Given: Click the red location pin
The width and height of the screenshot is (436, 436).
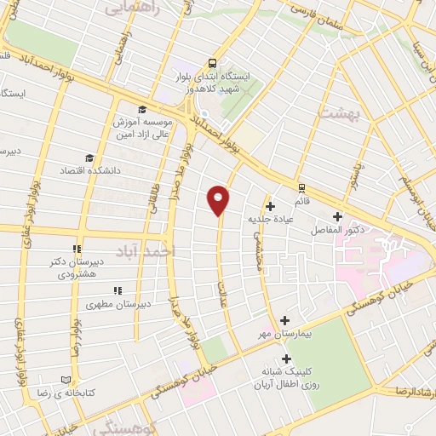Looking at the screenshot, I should (x=219, y=199).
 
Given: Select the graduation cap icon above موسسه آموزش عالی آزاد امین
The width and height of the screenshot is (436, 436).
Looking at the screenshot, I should (x=141, y=109).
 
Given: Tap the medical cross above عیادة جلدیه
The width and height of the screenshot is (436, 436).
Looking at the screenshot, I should (x=270, y=205).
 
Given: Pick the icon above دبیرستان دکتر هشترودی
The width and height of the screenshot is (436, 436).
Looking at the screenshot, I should (x=77, y=250).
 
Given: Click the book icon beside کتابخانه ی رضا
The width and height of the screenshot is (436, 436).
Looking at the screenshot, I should (x=67, y=381).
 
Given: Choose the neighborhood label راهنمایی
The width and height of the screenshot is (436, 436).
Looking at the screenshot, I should (x=128, y=9).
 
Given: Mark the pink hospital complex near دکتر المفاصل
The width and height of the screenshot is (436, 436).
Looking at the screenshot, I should (x=375, y=255).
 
